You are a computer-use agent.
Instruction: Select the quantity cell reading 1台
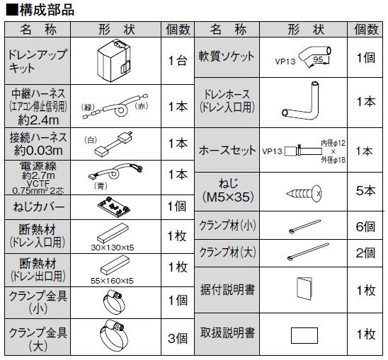[177, 60]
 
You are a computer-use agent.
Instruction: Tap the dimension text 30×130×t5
[113, 248]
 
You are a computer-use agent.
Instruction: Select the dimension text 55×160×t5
[113, 281]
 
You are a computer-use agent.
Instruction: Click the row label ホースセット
[228, 151]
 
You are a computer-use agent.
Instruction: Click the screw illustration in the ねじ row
[304, 191]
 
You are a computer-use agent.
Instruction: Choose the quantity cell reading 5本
[365, 191]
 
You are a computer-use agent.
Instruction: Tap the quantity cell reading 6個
[365, 227]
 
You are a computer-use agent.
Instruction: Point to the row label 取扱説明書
[228, 333]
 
